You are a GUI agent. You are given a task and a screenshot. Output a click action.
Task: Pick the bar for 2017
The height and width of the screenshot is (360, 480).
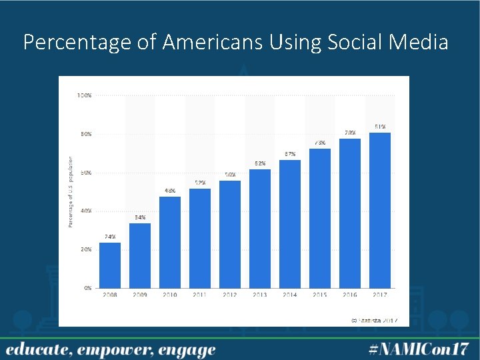380,210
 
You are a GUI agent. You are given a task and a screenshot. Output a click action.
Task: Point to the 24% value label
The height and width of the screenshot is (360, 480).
110,237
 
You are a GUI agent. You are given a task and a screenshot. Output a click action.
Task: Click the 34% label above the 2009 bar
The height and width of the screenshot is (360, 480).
140,217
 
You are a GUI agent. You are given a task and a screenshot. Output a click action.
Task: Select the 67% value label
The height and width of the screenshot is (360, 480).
290,154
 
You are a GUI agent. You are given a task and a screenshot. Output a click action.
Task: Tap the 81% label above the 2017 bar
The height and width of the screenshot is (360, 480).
380,126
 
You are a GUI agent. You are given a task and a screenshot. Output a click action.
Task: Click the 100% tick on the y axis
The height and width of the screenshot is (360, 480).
84,95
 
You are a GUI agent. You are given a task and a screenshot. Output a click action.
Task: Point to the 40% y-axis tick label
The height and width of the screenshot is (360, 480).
85,211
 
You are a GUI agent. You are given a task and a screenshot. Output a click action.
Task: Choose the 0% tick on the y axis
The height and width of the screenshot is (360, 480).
87,288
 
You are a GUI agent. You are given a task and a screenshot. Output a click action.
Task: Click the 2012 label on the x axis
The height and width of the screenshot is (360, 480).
230,295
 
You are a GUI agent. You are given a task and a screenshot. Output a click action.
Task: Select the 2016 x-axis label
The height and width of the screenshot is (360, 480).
350,295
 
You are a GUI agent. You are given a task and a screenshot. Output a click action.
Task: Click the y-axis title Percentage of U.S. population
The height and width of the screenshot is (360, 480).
71,192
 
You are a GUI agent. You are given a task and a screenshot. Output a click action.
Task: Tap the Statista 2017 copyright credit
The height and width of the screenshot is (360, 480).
375,320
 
